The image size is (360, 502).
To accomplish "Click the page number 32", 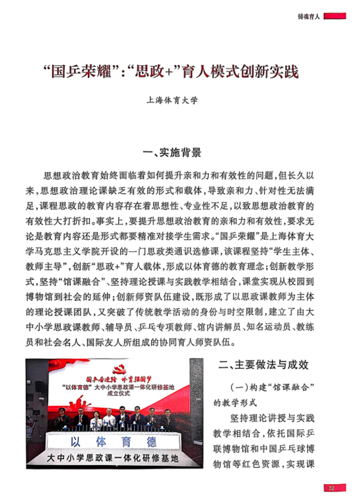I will [x=332, y=488].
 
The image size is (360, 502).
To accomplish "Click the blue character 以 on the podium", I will [x=76, y=442].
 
